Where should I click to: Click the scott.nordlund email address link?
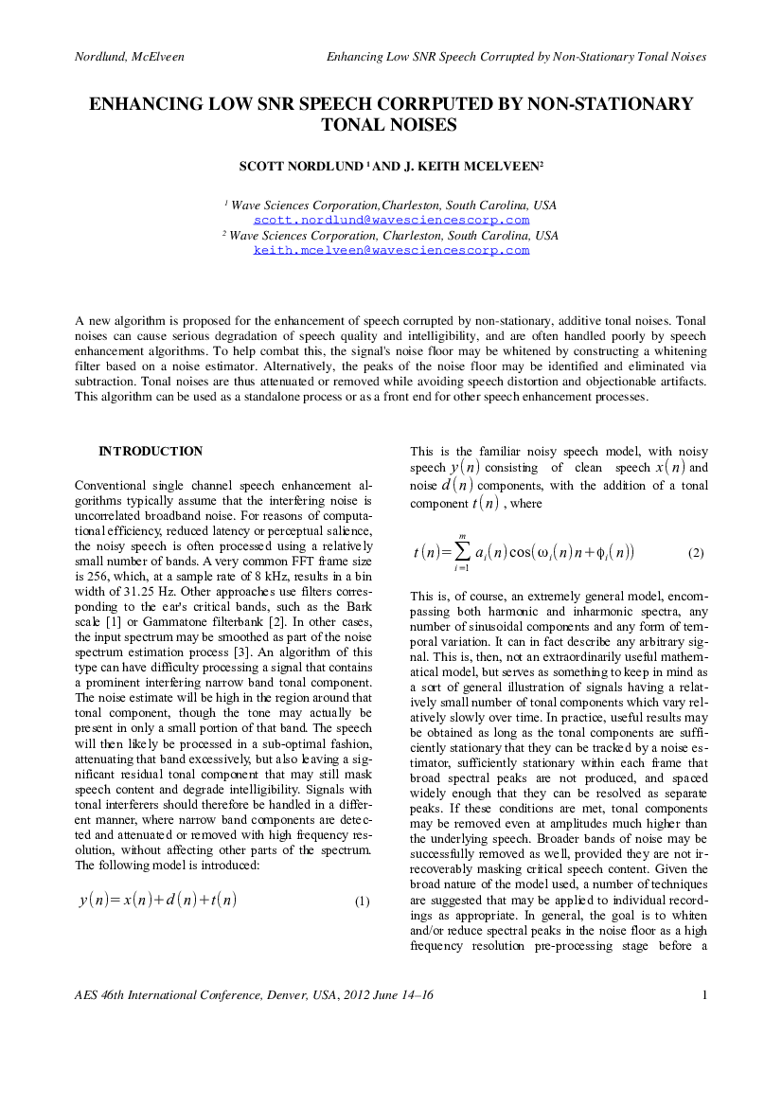click(392, 221)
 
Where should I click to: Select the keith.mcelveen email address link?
click(392, 251)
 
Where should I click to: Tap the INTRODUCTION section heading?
click(151, 451)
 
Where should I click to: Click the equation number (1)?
click(362, 901)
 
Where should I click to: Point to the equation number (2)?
click(696, 553)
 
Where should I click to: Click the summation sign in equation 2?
click(462, 552)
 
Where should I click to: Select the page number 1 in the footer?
click(704, 995)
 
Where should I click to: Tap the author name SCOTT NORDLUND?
click(301, 167)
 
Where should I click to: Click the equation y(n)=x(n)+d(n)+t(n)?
click(157, 900)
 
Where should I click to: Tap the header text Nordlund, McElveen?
click(129, 57)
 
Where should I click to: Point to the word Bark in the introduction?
click(359, 607)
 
